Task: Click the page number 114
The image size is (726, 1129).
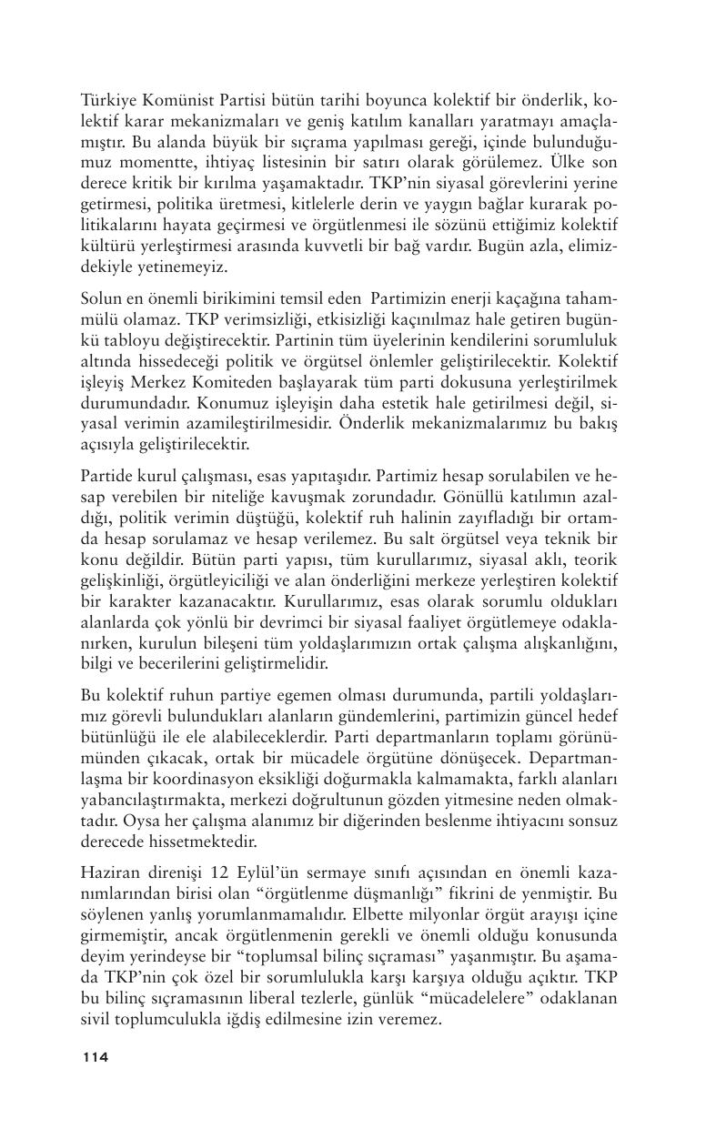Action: (95, 1057)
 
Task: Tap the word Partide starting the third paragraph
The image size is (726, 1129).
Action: (106, 474)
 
